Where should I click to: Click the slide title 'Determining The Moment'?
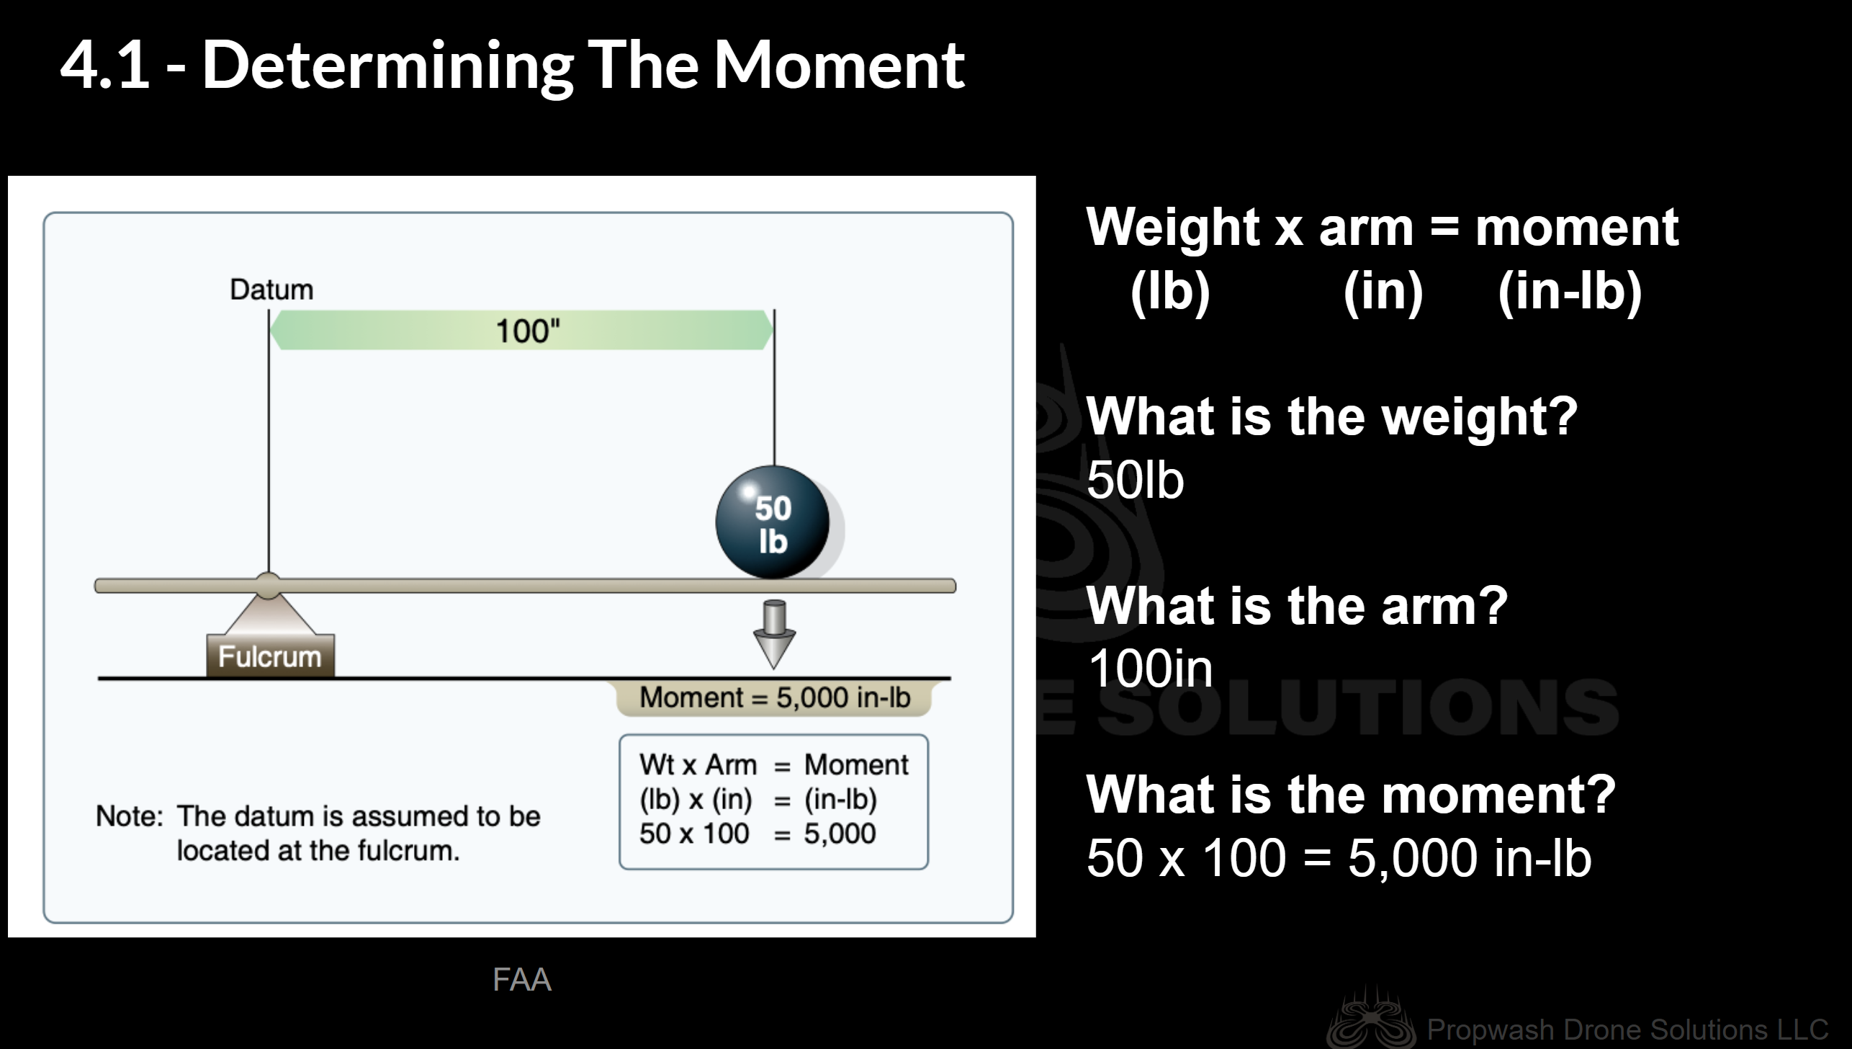(x=583, y=66)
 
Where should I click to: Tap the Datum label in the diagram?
(x=271, y=290)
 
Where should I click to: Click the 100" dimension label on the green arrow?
(x=528, y=331)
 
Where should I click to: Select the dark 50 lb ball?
(x=773, y=522)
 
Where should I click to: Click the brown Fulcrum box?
(x=270, y=656)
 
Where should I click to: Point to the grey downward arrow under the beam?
(x=774, y=634)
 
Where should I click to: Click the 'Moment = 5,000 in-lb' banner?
(x=774, y=697)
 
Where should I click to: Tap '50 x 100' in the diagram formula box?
(x=694, y=834)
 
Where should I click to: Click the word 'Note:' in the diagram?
(x=130, y=816)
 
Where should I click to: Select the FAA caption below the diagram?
(x=522, y=980)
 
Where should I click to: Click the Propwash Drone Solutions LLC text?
(x=1627, y=1029)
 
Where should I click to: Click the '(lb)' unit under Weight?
(x=1170, y=292)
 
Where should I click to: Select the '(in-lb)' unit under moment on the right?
(x=1570, y=292)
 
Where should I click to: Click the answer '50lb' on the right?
(x=1136, y=480)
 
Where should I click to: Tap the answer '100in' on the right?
(x=1150, y=669)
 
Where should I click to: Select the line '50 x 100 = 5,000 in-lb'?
(x=1339, y=858)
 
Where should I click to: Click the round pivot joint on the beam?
(x=269, y=586)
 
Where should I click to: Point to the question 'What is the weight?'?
(x=1332, y=418)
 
